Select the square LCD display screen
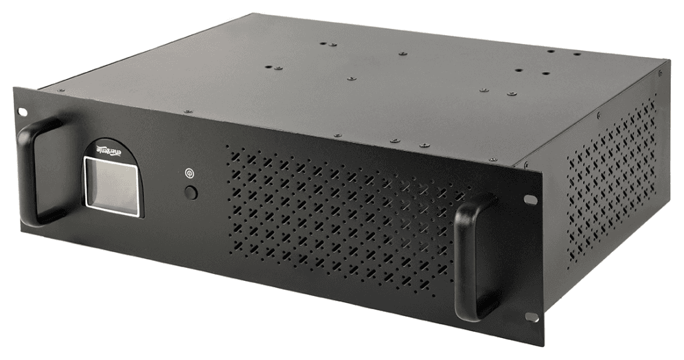[112, 185]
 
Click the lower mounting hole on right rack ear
[531, 317]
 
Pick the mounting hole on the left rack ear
[23, 111]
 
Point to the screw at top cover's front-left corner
[60, 90]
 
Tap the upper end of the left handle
[48, 124]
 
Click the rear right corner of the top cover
[666, 60]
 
